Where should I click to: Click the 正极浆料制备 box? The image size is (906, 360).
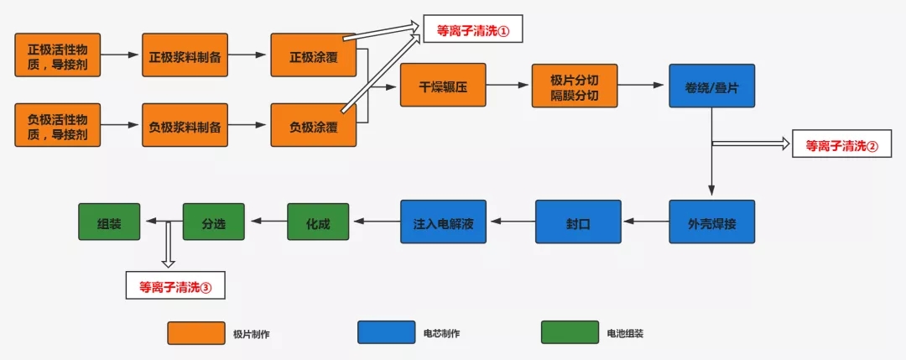[185, 56]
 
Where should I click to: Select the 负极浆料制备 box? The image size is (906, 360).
[185, 126]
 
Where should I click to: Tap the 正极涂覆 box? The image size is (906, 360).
[313, 56]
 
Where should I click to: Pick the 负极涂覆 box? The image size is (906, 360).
[313, 126]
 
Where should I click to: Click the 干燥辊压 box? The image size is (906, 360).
[443, 85]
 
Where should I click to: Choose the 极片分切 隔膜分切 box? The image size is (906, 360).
[574, 85]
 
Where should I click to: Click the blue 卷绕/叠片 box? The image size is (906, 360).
[711, 86]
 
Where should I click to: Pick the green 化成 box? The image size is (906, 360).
[318, 222]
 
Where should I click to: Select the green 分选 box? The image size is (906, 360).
[213, 222]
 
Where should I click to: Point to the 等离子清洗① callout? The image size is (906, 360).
[473, 30]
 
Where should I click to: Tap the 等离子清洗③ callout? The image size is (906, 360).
[175, 285]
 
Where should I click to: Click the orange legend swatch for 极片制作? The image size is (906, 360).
[195, 333]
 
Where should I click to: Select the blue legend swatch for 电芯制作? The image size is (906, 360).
[386, 333]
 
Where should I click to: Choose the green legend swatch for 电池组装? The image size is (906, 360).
[569, 333]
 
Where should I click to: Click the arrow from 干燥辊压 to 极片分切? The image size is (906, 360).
[508, 85]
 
